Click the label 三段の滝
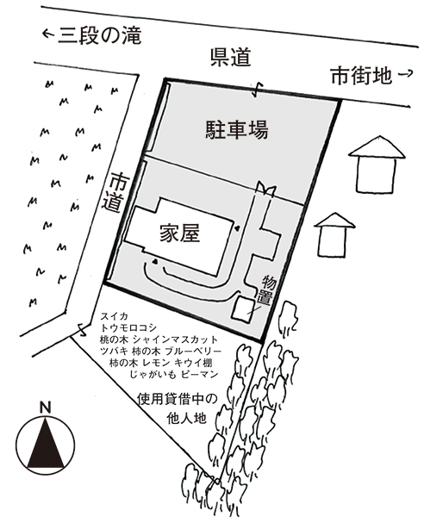(x=100, y=35)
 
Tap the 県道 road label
(x=231, y=58)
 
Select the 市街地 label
(x=361, y=76)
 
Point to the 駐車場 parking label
(x=237, y=129)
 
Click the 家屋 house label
(x=180, y=234)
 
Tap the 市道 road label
(x=112, y=193)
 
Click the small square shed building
(x=243, y=308)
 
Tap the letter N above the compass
(x=46, y=408)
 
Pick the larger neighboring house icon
(x=377, y=165)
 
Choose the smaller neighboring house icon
(x=334, y=234)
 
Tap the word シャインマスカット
(x=176, y=339)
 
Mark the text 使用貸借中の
(x=178, y=400)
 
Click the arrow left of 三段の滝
(x=48, y=33)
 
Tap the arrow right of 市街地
(x=406, y=74)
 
